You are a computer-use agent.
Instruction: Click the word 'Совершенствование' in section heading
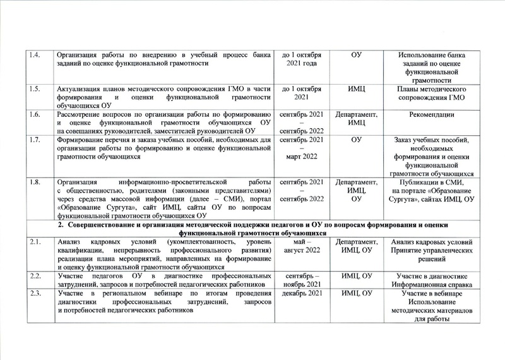click(102, 224)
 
